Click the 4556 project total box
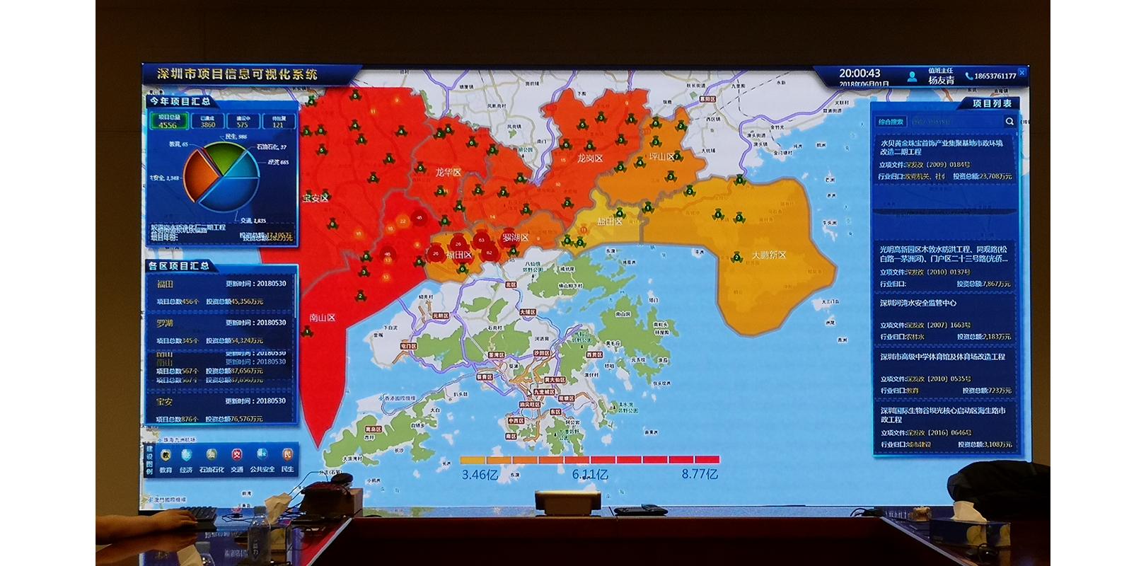(168, 121)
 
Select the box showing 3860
(207, 121)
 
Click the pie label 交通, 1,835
(252, 221)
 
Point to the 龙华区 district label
(448, 172)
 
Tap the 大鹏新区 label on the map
(768, 255)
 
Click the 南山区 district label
(322, 318)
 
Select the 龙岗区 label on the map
(589, 158)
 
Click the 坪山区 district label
(661, 156)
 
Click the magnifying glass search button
(1009, 122)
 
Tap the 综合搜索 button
(891, 122)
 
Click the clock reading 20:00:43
(859, 73)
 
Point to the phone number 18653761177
(995, 76)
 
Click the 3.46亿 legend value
(480, 475)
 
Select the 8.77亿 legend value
(700, 474)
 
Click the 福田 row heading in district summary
(165, 284)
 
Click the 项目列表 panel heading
(992, 103)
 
